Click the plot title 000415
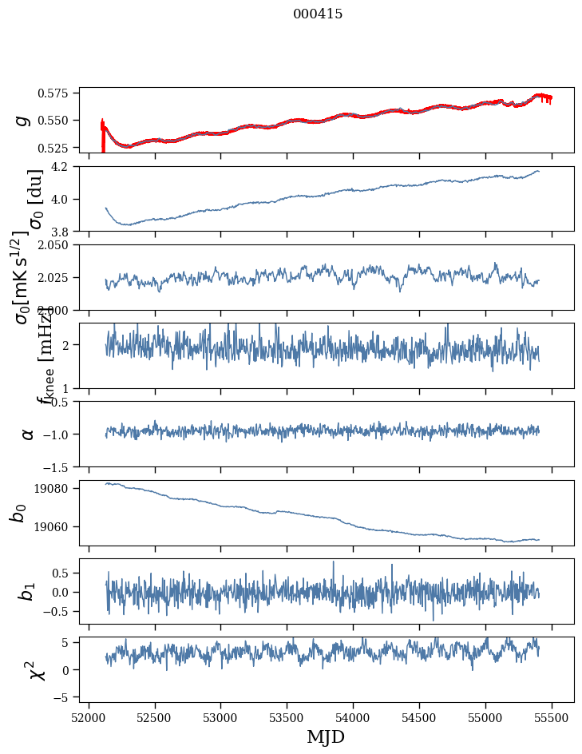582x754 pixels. point(318,14)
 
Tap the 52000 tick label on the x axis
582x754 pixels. point(89,715)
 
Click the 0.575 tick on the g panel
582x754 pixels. point(59,93)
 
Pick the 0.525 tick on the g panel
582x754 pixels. point(59,148)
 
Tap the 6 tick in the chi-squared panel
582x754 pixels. point(70,641)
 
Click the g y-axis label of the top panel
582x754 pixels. point(23,120)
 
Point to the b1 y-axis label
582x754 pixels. point(26,591)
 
